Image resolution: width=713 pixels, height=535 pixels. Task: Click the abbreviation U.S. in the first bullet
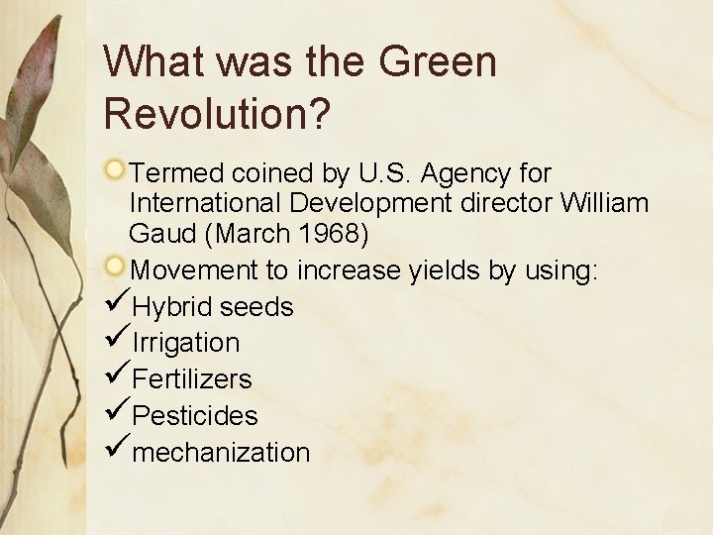[381, 173]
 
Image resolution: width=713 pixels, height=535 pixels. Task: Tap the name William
[604, 204]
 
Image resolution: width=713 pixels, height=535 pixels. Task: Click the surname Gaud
[160, 235]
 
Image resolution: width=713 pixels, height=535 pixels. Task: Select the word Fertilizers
[192, 378]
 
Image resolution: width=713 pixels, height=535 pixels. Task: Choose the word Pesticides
[194, 415]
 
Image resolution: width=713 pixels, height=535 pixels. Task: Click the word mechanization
[221, 453]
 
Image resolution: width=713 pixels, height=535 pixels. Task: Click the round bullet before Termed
[116, 170]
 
